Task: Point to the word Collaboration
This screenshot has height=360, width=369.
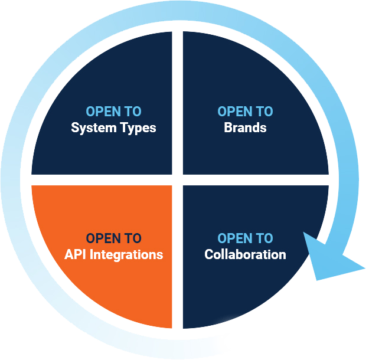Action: coord(245,254)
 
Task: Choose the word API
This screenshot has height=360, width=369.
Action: coord(74,254)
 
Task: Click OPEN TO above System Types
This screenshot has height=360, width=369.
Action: coord(113,112)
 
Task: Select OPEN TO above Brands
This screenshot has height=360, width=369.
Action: coord(245,112)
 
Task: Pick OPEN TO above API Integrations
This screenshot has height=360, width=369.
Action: coord(113,238)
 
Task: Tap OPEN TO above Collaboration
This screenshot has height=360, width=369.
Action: coord(245,238)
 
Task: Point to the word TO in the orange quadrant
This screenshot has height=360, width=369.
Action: coord(133,238)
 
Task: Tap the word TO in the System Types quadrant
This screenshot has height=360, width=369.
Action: coord(133,112)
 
